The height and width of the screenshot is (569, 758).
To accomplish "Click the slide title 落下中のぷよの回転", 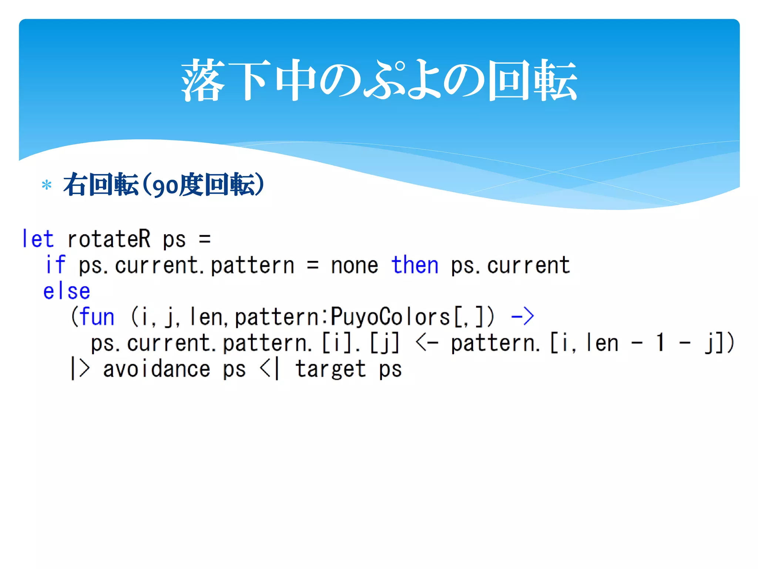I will tap(379, 80).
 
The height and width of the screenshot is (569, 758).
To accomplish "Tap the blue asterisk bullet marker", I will tap(47, 184).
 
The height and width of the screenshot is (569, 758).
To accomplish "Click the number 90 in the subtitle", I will tap(165, 186).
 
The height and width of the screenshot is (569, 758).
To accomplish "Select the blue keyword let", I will tap(38, 239).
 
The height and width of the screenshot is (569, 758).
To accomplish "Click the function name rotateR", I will tap(109, 239).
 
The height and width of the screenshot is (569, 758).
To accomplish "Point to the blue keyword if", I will tap(56, 265).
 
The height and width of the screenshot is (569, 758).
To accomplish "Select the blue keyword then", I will tap(415, 265).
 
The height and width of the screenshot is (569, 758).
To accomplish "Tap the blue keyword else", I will tap(67, 291).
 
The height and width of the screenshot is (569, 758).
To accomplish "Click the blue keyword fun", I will tap(97, 317).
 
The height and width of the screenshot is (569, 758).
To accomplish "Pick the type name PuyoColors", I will tap(390, 317).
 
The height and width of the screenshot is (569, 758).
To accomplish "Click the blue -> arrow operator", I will tap(522, 317).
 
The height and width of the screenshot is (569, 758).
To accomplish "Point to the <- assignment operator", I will tap(427, 343).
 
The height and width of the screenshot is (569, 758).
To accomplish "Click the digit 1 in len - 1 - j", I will tap(660, 343).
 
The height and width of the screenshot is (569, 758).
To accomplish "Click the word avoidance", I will tap(157, 369).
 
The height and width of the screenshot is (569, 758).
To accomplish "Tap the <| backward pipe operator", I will tap(270, 369).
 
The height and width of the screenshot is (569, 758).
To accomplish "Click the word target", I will tap(331, 370).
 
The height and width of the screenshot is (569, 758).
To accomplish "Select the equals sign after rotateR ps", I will tap(205, 239).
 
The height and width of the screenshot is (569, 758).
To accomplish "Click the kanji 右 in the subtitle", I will tap(75, 184).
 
